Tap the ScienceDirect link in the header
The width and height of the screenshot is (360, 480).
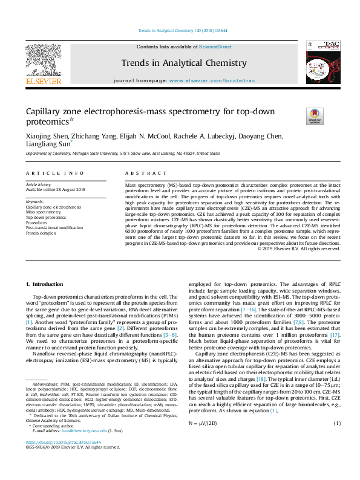(x=216, y=47)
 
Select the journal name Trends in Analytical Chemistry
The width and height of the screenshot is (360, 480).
(x=184, y=63)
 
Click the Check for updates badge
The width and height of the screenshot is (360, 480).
(x=315, y=116)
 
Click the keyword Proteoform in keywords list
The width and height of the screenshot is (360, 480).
(x=37, y=222)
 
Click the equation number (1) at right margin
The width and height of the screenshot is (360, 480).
(x=337, y=423)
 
